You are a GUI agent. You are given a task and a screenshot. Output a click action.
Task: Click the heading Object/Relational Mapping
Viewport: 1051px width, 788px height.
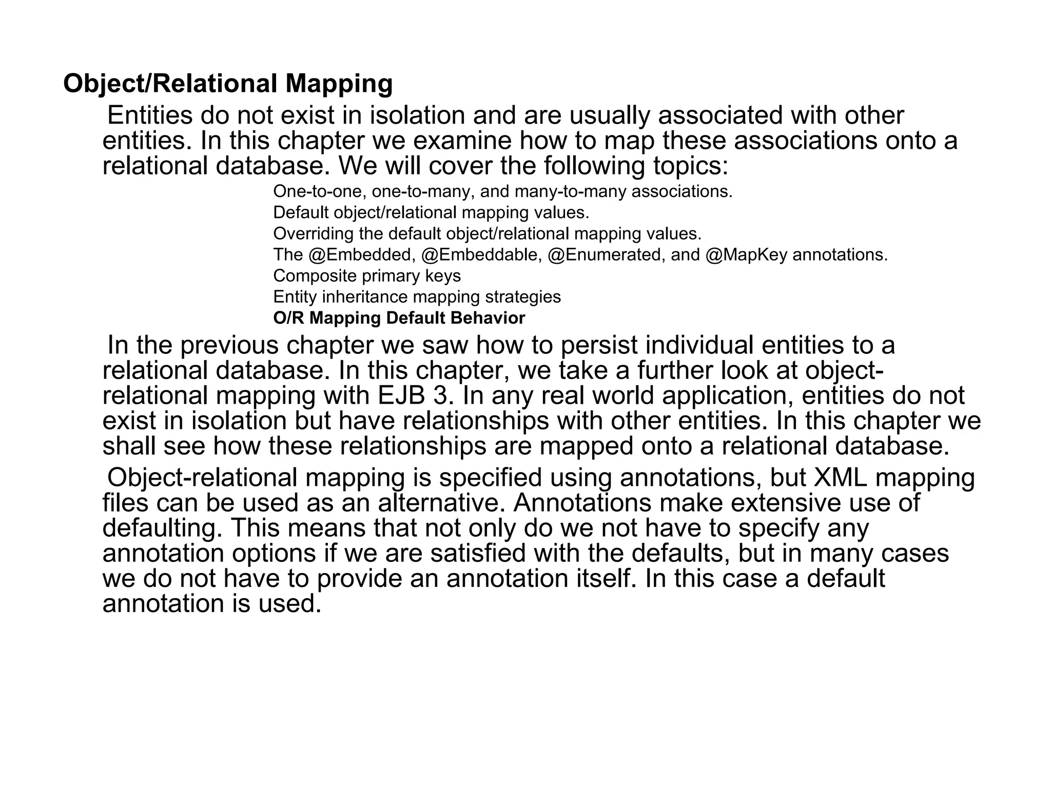[228, 84]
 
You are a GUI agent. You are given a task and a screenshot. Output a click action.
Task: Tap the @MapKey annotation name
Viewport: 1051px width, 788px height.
[747, 255]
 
